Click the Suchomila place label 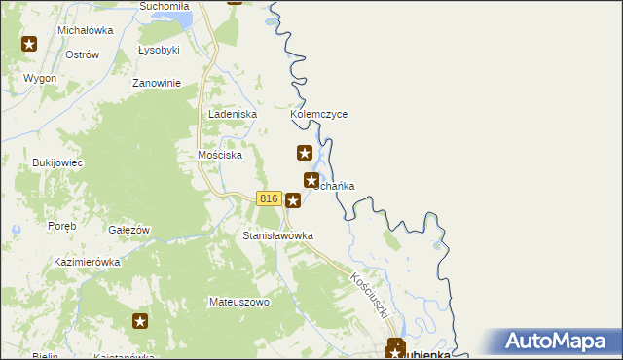pyautogui.click(x=163, y=6)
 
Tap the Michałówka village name pyautogui.click(x=86, y=30)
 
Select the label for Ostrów pyautogui.click(x=82, y=54)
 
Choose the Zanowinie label pyautogui.click(x=158, y=83)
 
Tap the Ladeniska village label pyautogui.click(x=232, y=114)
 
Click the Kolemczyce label pyautogui.click(x=318, y=114)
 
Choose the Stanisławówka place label pyautogui.click(x=277, y=235)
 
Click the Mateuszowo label pyautogui.click(x=238, y=302)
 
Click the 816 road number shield pyautogui.click(x=270, y=198)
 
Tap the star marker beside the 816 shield pyautogui.click(x=292, y=199)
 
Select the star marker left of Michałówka pyautogui.click(x=29, y=44)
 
